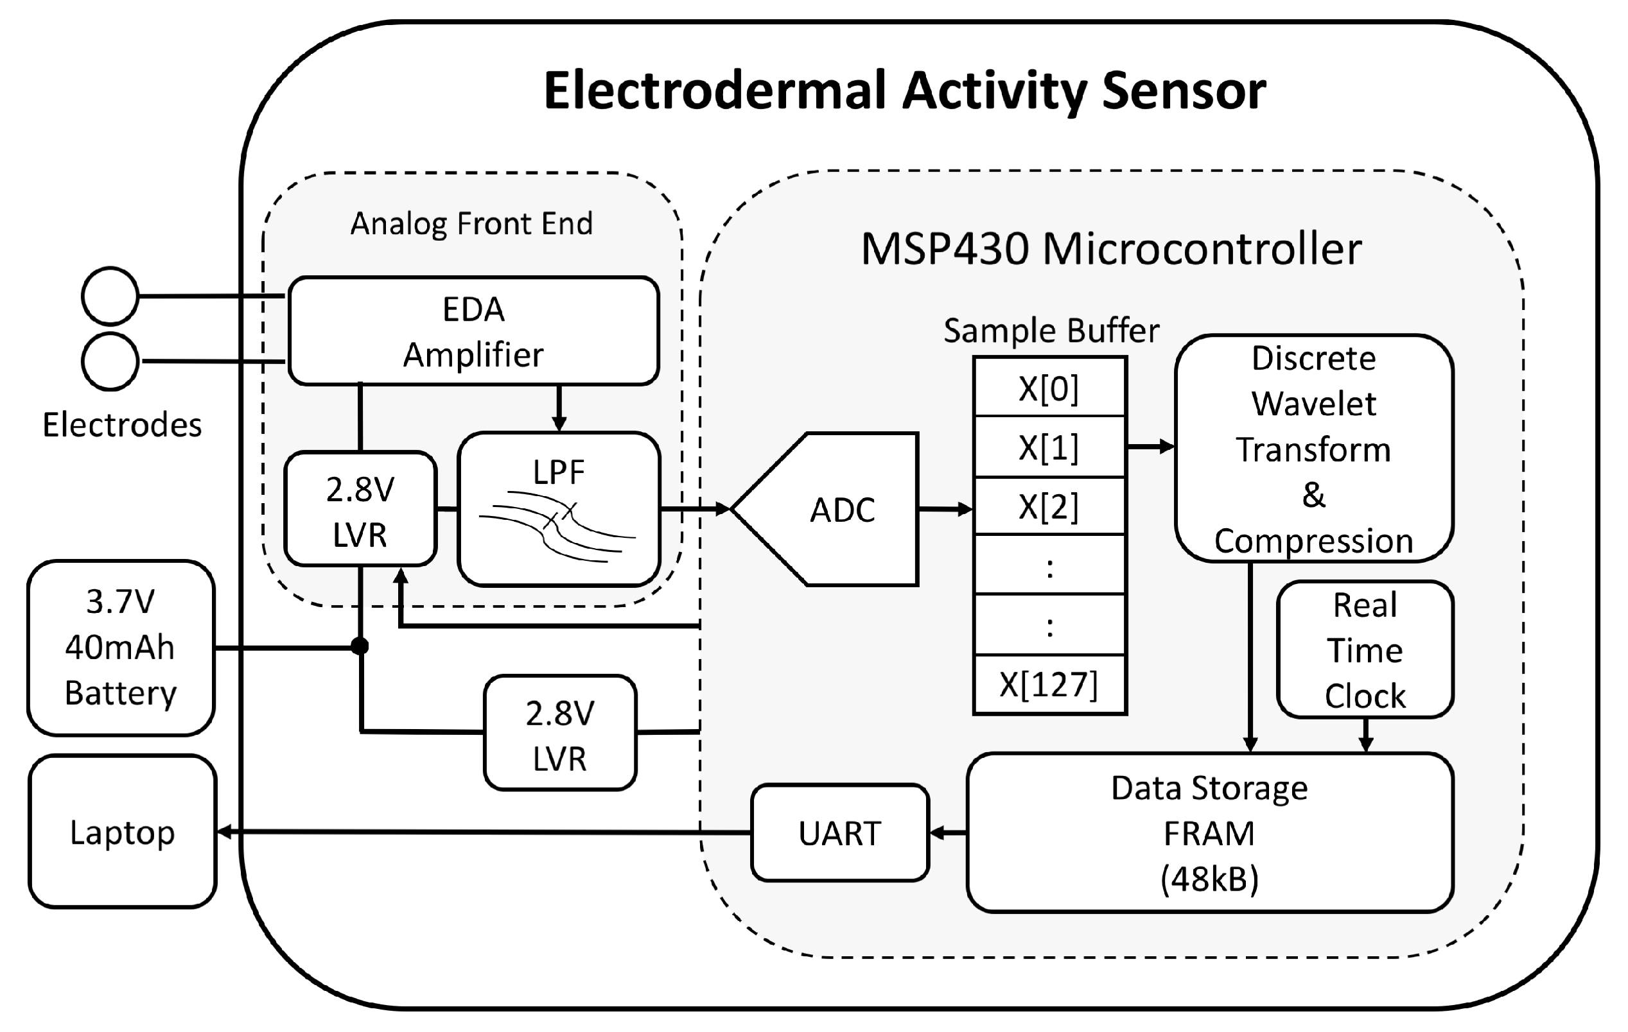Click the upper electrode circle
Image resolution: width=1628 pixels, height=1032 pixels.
click(110, 296)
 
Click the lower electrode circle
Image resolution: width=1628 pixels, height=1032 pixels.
click(110, 361)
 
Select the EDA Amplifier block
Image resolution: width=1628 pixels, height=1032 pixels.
click(473, 331)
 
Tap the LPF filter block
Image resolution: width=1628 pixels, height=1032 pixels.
click(559, 509)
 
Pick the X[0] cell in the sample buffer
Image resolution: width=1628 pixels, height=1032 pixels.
click(1049, 388)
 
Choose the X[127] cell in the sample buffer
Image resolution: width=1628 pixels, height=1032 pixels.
click(1049, 685)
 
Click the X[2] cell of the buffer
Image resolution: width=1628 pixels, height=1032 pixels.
click(1049, 506)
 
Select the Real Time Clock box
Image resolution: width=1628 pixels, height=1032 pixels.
click(1364, 649)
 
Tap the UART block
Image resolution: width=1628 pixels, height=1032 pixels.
click(840, 832)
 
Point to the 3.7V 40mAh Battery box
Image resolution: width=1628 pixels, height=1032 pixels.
click(120, 648)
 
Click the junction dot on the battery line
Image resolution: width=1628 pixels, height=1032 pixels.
click(360, 647)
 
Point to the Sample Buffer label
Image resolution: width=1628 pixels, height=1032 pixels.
click(1051, 331)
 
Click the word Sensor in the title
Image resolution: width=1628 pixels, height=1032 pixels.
click(1183, 91)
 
